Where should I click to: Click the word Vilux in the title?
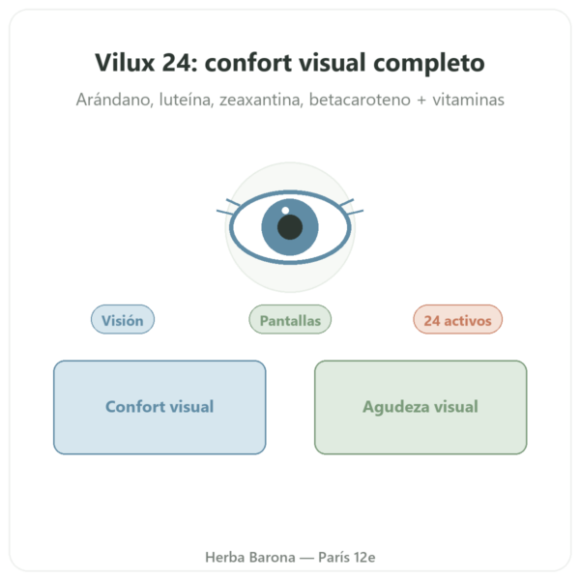(125, 62)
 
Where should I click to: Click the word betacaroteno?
(360, 100)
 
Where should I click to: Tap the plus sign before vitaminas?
(421, 101)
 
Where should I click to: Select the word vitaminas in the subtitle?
(468, 100)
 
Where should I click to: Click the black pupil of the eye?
(290, 227)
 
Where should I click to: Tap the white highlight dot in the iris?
(285, 211)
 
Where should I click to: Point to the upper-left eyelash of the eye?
(233, 203)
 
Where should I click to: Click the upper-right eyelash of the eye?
(347, 203)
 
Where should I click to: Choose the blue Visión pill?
(123, 320)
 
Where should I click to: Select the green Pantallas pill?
(290, 320)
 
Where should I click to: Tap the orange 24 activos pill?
(457, 320)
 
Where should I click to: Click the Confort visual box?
(159, 407)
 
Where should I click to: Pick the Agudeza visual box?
(420, 407)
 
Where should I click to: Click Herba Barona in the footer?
(250, 557)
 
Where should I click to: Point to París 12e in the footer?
(347, 557)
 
